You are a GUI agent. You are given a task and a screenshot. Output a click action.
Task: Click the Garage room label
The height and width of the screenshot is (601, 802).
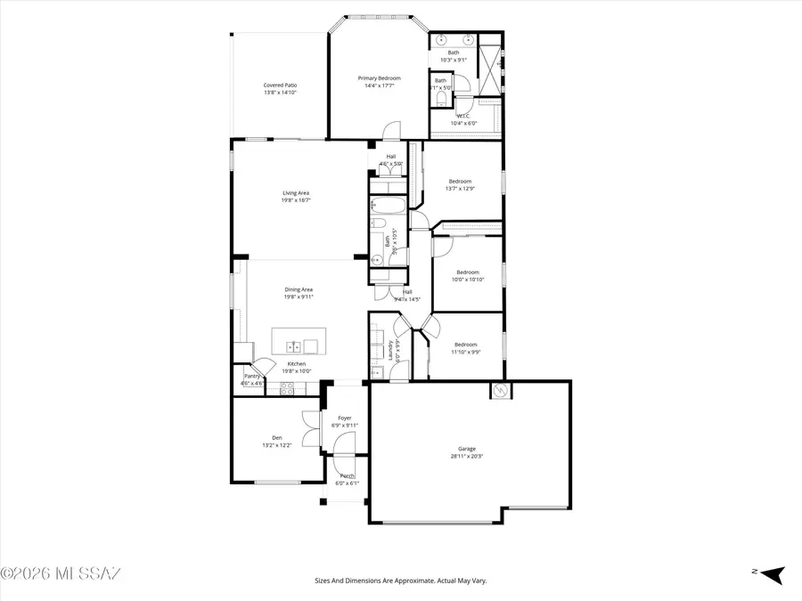pyautogui.click(x=467, y=449)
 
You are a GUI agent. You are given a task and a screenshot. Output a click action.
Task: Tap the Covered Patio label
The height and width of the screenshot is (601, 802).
pyautogui.click(x=279, y=85)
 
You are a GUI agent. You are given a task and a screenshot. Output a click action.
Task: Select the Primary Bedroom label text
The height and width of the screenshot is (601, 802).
pyautogui.click(x=379, y=78)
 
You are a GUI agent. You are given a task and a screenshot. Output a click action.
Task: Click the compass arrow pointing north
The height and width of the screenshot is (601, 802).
pyautogui.click(x=771, y=574)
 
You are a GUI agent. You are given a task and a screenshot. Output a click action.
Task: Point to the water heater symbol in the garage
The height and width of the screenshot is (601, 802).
pyautogui.click(x=500, y=391)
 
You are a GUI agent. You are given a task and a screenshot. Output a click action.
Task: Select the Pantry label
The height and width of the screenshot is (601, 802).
pyautogui.click(x=251, y=376)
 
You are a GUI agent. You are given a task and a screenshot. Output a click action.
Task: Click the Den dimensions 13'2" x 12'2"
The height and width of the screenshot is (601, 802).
pyautogui.click(x=277, y=445)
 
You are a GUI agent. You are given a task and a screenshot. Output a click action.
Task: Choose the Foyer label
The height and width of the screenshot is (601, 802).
pyautogui.click(x=344, y=418)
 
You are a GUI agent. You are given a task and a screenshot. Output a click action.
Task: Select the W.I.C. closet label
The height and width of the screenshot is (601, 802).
pyautogui.click(x=463, y=116)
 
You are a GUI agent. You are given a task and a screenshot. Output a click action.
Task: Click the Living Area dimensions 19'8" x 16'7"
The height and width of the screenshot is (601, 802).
pyautogui.click(x=296, y=200)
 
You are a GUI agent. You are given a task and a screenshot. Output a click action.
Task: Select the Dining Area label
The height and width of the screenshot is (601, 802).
pyautogui.click(x=299, y=289)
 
